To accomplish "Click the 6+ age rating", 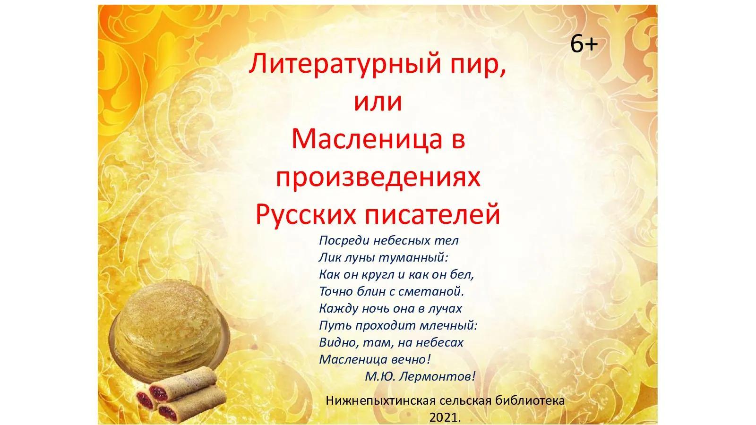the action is [x=584, y=44].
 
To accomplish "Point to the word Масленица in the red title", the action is [x=367, y=139].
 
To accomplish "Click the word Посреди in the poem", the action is [x=344, y=241].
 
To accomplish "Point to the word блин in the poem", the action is [x=369, y=291].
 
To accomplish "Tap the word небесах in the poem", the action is [x=439, y=342].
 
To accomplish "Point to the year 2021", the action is [x=445, y=418].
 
